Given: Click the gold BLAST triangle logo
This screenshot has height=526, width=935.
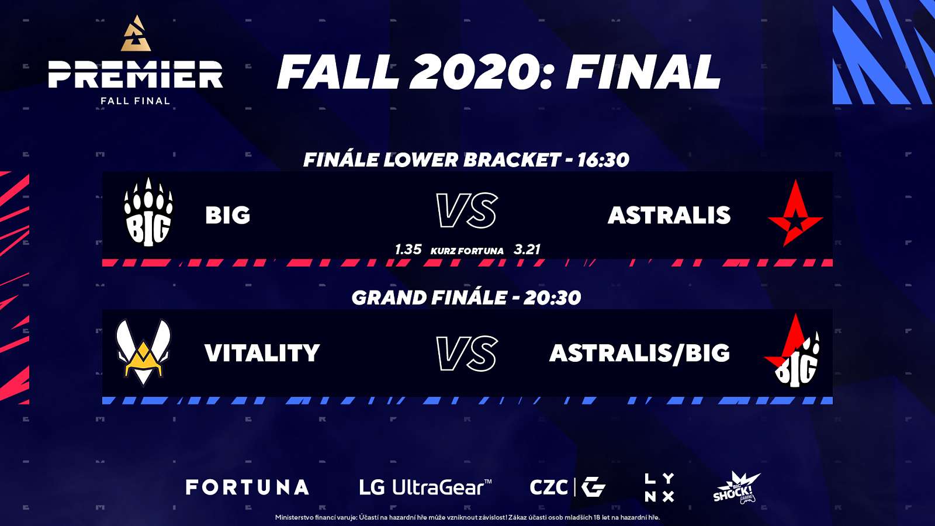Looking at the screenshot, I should point(136,34).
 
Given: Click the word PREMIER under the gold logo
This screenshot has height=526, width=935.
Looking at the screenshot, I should point(136,75).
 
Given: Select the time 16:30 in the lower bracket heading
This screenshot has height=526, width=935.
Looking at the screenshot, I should point(603,160).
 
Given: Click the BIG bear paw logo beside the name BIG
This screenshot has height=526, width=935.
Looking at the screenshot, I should point(148,212).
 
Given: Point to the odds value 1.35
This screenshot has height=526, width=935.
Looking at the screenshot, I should point(408,250).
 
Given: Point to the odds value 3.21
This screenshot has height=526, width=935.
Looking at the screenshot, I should point(527,250).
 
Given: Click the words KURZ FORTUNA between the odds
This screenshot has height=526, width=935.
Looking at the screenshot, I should point(467,251).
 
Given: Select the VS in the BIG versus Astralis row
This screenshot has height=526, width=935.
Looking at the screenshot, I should point(467,211).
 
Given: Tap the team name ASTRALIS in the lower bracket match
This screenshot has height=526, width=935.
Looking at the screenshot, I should point(669,216).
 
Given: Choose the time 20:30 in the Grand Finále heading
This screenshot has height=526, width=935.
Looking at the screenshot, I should point(552,297).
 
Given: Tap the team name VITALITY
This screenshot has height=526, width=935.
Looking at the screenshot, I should point(262,353).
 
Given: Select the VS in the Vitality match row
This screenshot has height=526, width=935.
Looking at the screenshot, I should point(467,354).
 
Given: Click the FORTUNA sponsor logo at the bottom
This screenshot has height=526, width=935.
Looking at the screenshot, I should point(247,487).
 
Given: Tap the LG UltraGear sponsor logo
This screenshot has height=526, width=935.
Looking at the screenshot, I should point(425,487).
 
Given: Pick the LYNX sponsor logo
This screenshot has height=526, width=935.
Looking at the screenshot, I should point(659,487).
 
